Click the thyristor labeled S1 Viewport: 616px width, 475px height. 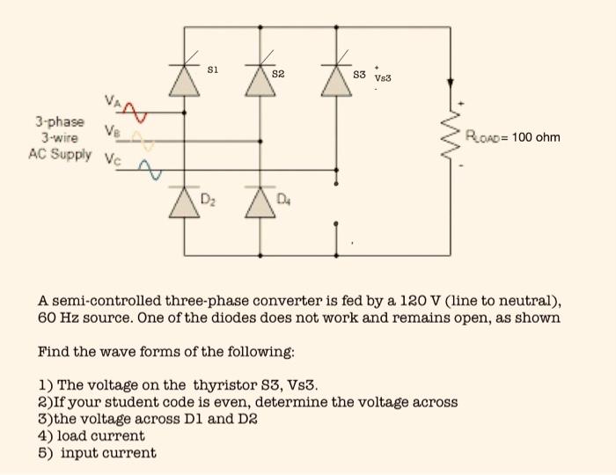(184, 80)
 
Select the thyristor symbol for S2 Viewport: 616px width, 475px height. (260, 80)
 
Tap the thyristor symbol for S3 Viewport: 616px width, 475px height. (335, 80)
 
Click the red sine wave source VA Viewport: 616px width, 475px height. (134, 112)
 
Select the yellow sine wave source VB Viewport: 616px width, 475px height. (142, 138)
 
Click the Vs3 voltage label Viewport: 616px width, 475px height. (383, 77)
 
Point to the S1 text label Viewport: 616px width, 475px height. (212, 69)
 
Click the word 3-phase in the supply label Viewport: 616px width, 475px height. (60, 121)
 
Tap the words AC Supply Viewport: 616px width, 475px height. (60, 154)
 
